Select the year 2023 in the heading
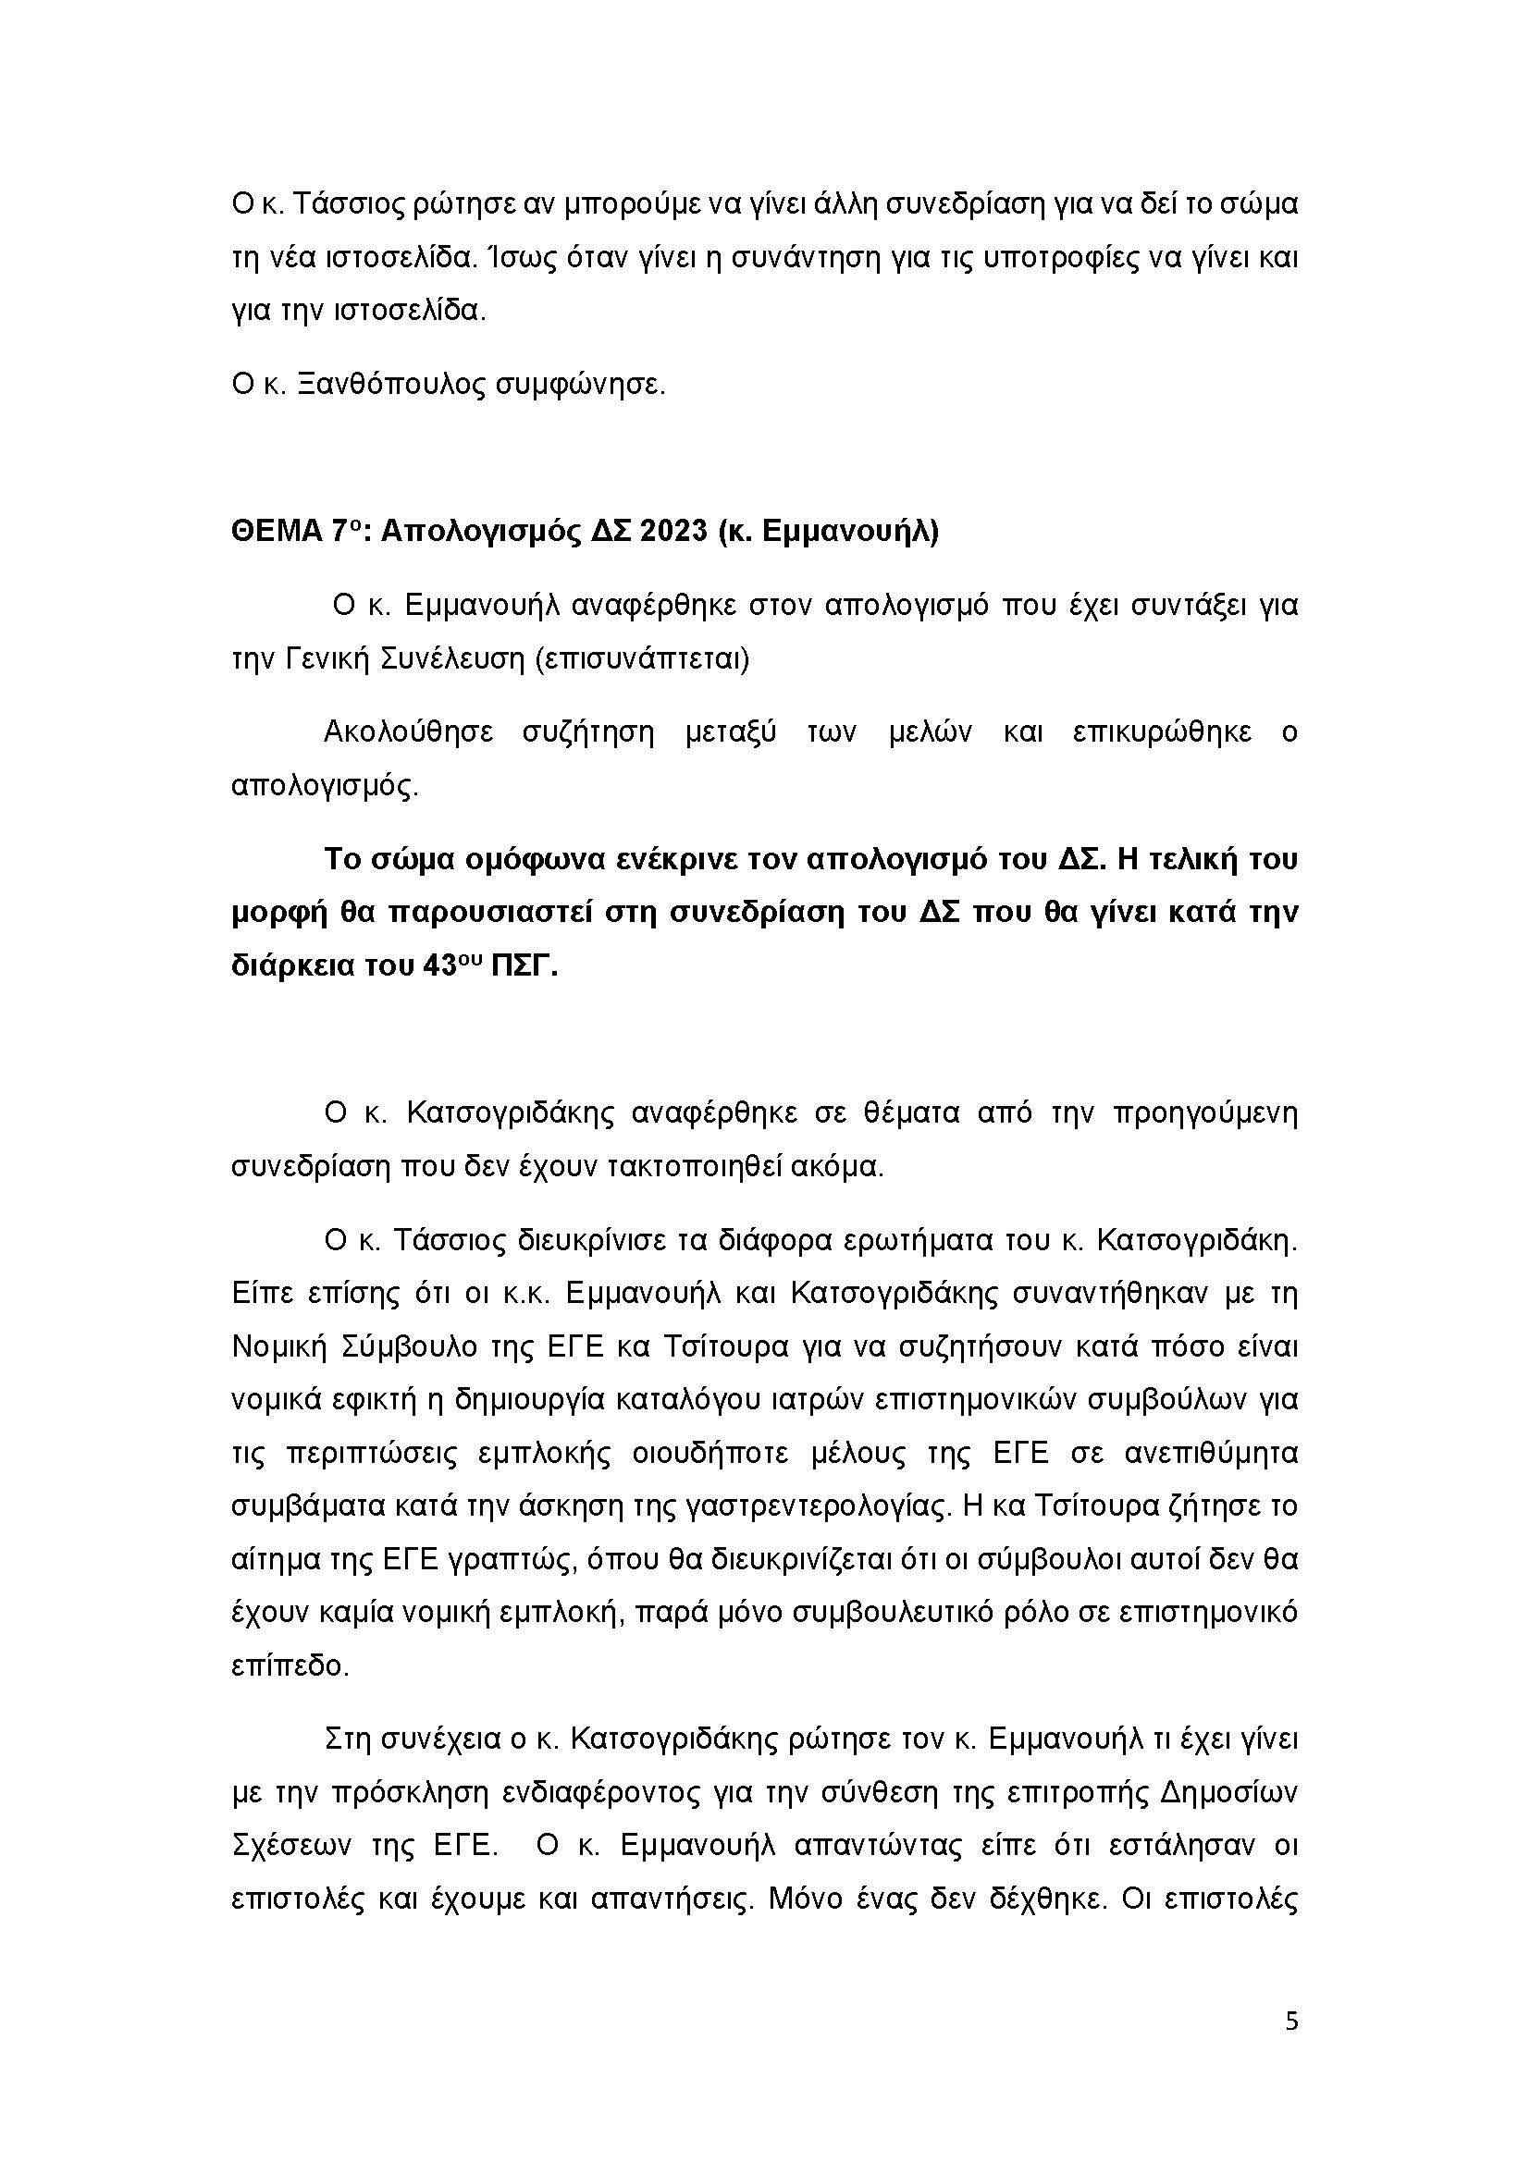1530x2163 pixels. pos(672,533)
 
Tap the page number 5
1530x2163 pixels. pos(1291,2022)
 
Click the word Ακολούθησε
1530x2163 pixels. pos(408,732)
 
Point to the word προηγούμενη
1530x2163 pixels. pos(1205,1113)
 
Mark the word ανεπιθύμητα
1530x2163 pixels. pos(1212,1453)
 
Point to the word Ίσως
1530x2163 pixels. pos(526,257)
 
